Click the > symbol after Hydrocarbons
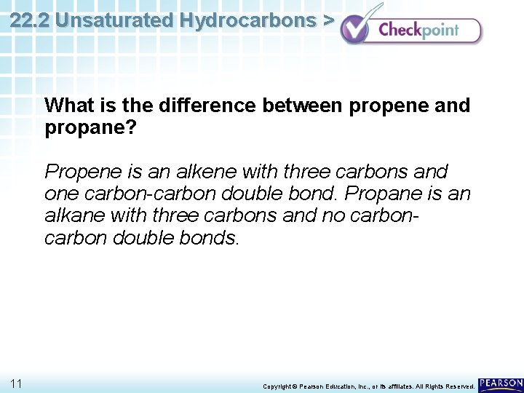pyautogui.click(x=328, y=20)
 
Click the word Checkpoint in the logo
pyautogui.click(x=418, y=31)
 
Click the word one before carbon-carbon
pyautogui.click(x=60, y=194)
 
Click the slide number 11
pyautogui.click(x=17, y=383)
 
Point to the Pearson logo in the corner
pyautogui.click(x=501, y=384)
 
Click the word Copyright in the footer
pyautogui.click(x=279, y=386)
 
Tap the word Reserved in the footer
pyautogui.click(x=456, y=386)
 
